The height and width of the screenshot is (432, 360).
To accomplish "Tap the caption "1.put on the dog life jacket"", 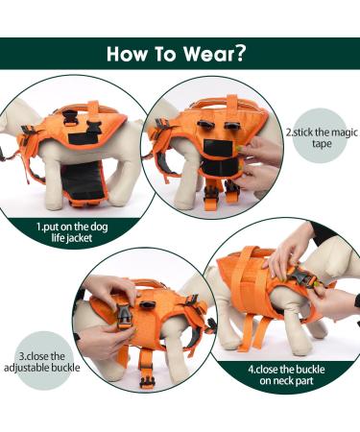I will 66,231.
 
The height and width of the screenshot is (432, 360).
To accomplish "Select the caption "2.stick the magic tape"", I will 321,138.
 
